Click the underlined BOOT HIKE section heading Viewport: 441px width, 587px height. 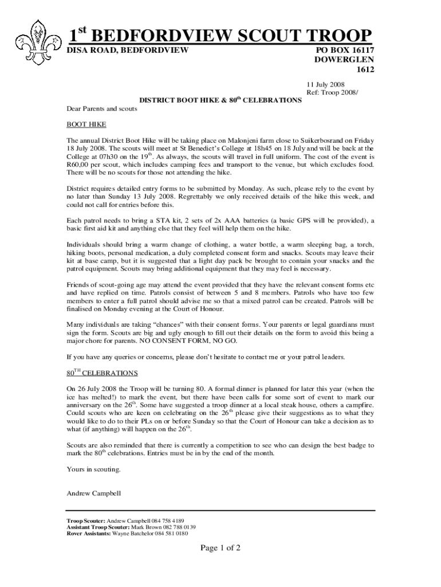click(86, 124)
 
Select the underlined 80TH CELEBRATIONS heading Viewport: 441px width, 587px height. click(103, 373)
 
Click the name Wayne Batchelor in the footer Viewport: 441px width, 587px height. click(136, 533)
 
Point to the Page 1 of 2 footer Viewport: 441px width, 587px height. click(220, 548)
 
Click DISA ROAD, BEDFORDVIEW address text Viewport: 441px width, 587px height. click(128, 50)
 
